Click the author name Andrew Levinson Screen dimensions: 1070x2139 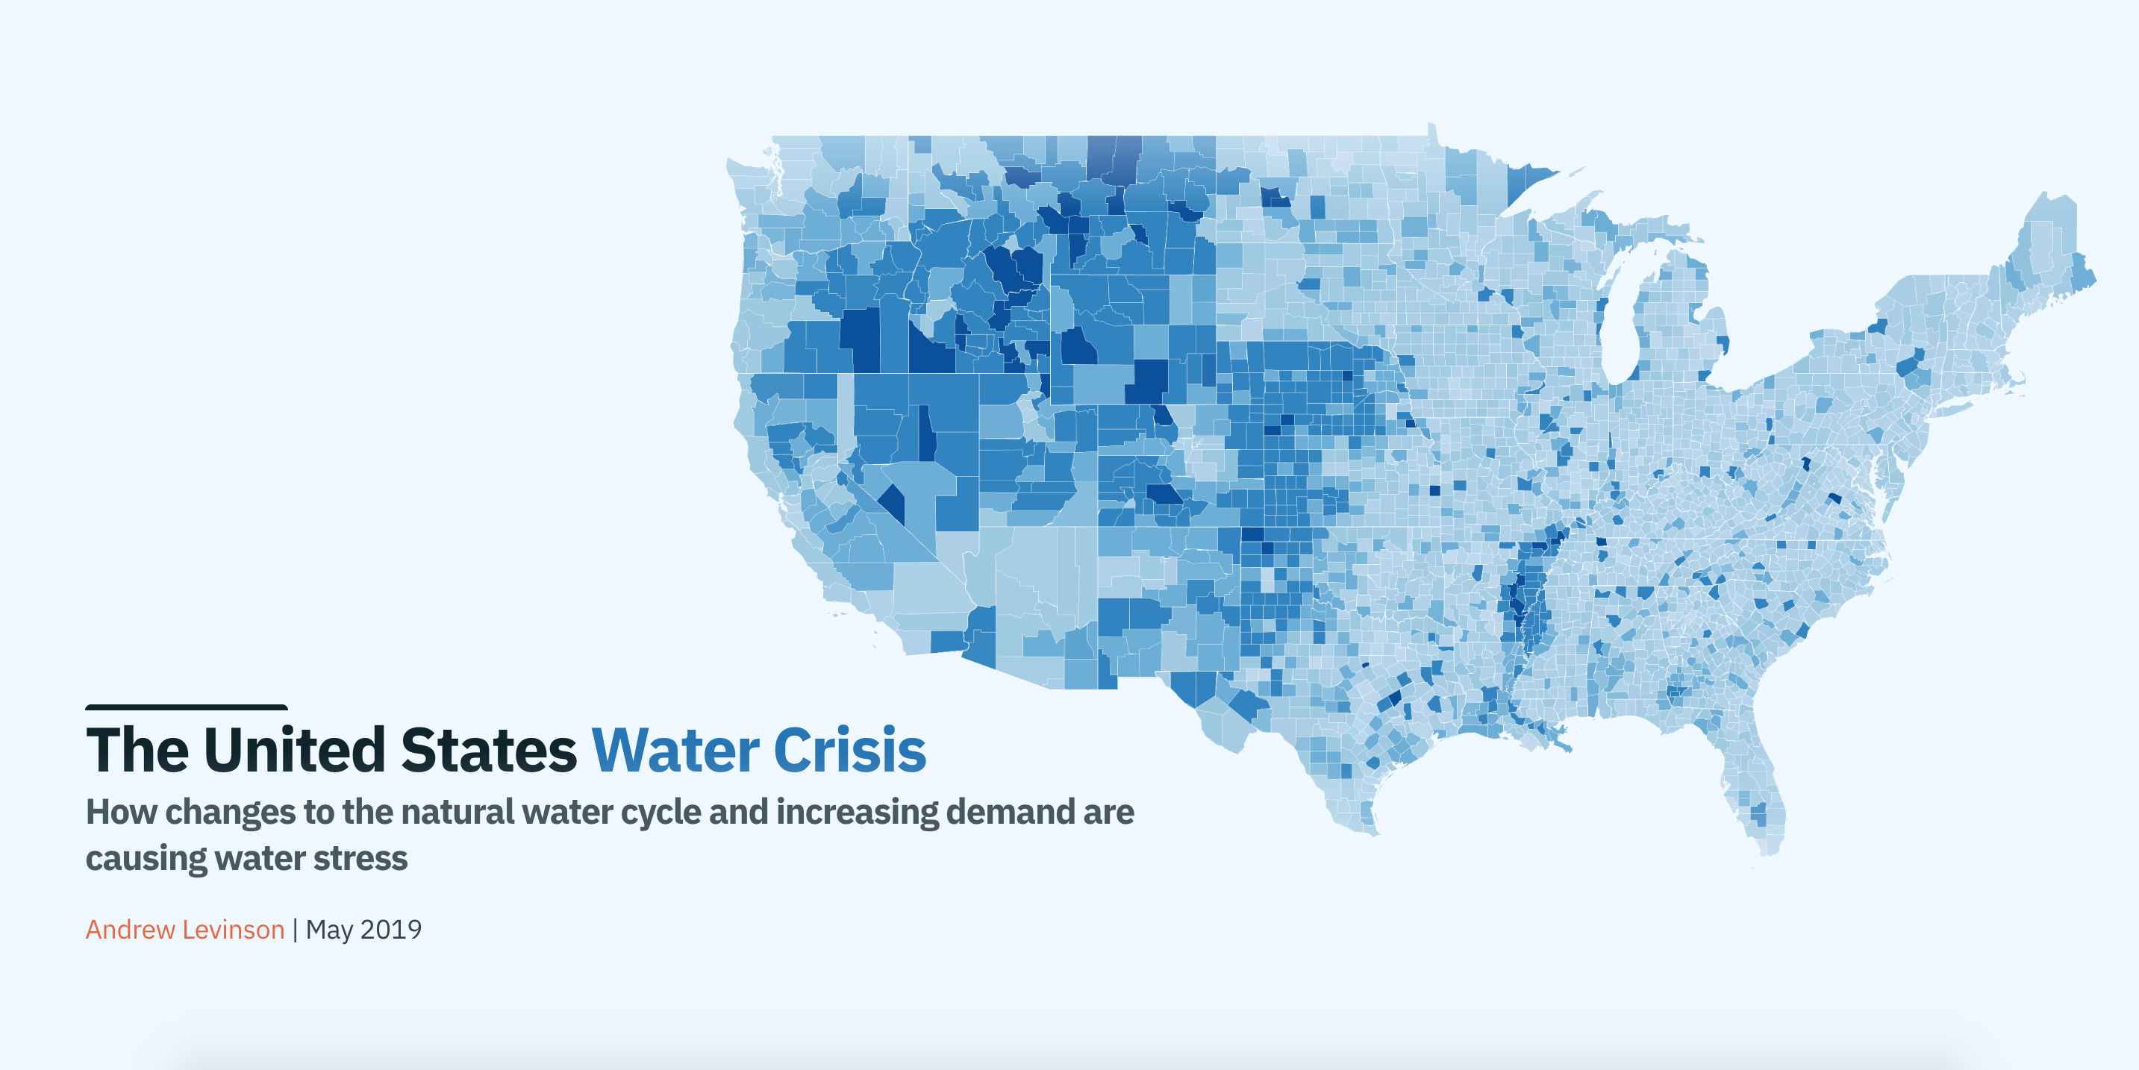[x=184, y=930]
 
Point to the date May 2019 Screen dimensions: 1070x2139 [x=363, y=930]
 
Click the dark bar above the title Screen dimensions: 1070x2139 [x=186, y=708]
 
